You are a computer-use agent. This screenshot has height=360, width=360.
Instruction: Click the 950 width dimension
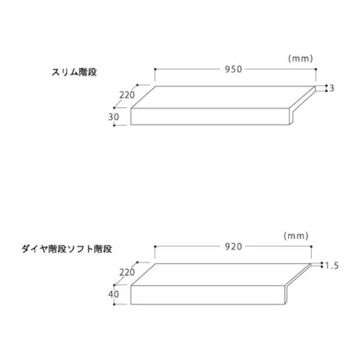233,69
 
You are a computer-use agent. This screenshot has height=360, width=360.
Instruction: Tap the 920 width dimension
233,247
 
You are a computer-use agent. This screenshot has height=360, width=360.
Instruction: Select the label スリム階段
74,72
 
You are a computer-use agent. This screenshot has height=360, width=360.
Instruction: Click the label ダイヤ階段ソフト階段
67,249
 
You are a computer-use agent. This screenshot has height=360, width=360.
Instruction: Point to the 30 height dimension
114,117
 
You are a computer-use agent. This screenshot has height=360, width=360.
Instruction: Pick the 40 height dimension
114,294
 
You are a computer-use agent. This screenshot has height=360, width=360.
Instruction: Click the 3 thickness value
332,88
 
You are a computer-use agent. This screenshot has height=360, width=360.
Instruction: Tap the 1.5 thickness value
332,266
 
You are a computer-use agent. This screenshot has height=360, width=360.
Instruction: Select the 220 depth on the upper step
127,95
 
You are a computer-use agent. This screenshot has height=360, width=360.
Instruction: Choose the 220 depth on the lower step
127,272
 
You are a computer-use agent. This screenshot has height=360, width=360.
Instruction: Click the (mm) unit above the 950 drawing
300,58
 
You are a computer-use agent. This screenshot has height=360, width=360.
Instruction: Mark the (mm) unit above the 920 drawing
296,236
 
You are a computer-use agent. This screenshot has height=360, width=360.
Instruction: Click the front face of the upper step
210,116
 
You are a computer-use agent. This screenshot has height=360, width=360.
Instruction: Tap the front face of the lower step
208,295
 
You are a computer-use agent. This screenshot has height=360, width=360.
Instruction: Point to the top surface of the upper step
222,97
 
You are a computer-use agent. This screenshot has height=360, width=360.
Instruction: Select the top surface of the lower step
220,275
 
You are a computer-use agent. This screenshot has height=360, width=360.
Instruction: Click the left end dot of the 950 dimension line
155,69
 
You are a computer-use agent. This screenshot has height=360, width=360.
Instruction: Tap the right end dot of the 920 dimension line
311,247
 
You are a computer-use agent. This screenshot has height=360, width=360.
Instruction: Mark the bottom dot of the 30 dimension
114,125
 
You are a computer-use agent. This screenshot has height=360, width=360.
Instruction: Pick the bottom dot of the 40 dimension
114,305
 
